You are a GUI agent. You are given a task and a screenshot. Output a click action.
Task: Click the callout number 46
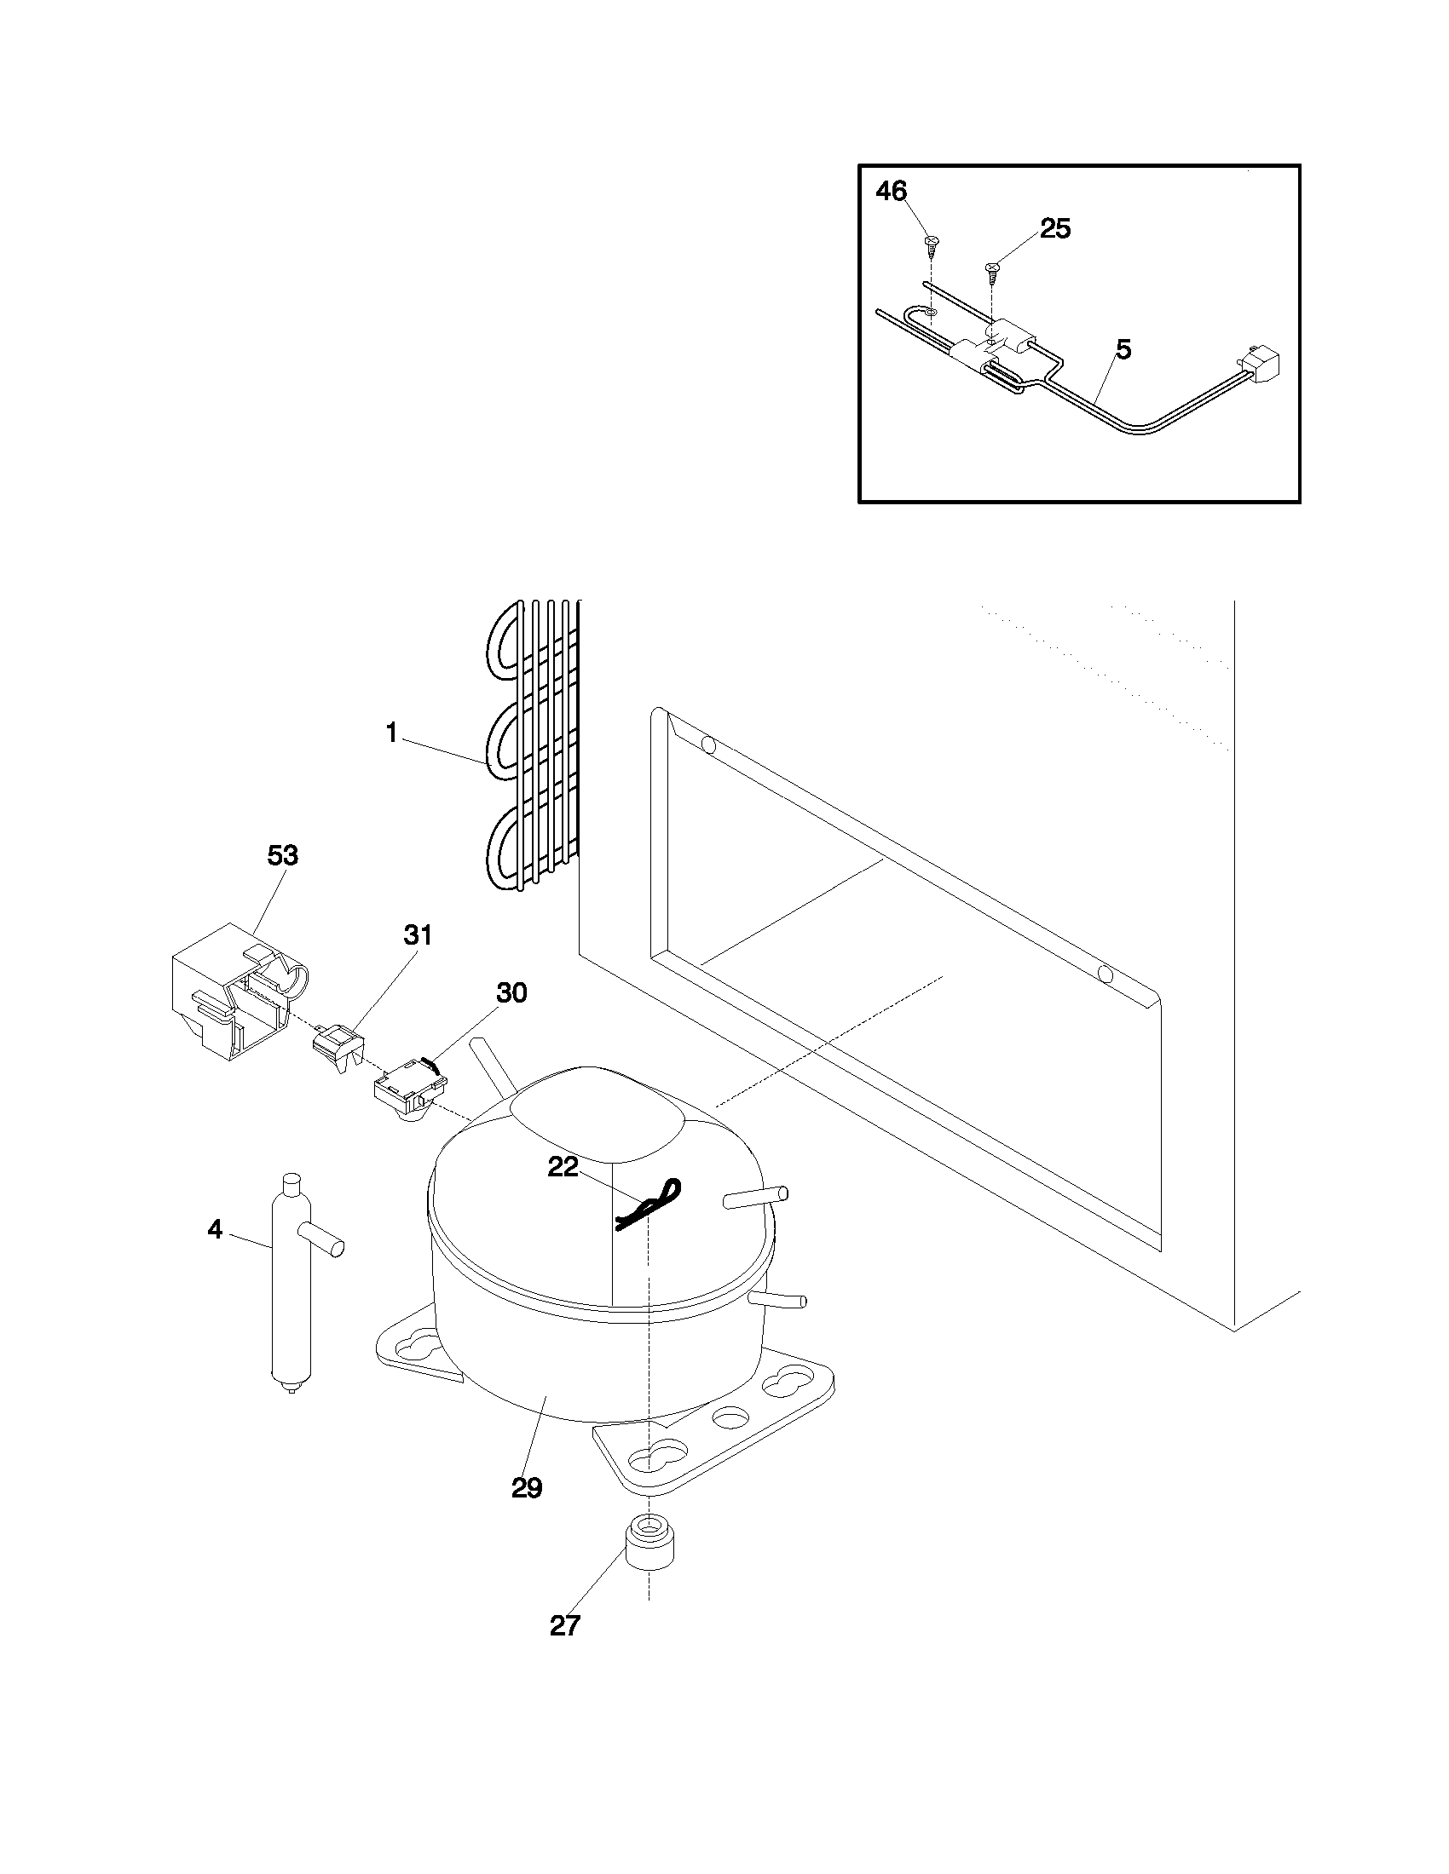891,192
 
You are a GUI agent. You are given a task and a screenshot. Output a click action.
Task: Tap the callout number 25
1055,229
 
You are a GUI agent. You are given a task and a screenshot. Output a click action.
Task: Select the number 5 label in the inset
1123,349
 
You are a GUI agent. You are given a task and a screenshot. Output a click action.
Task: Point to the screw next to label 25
992,269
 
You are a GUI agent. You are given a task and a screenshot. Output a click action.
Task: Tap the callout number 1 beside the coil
391,733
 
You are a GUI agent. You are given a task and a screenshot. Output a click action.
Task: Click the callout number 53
282,855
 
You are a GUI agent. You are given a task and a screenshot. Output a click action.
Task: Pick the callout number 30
511,992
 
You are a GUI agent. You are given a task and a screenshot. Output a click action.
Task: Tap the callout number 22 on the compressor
563,1168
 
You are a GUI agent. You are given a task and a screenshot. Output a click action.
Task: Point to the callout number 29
527,1488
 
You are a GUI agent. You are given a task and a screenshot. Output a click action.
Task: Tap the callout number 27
565,1625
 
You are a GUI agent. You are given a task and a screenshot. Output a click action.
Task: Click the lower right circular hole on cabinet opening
1106,974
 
